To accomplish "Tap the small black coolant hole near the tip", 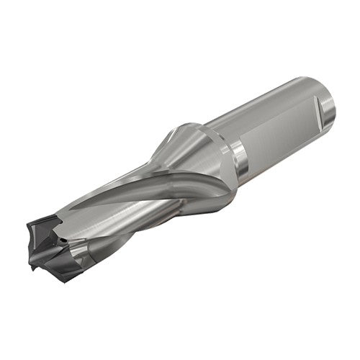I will (x=64, y=235).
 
